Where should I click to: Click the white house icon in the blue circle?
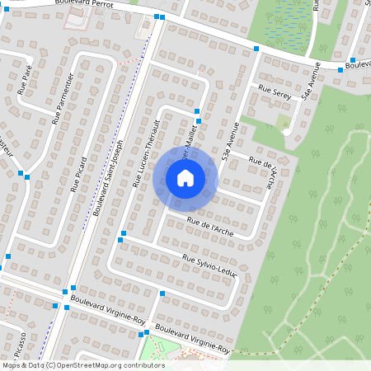pos(185,178)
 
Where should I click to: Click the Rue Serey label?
pos(275,90)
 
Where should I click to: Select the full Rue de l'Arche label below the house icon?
pos(209,223)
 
